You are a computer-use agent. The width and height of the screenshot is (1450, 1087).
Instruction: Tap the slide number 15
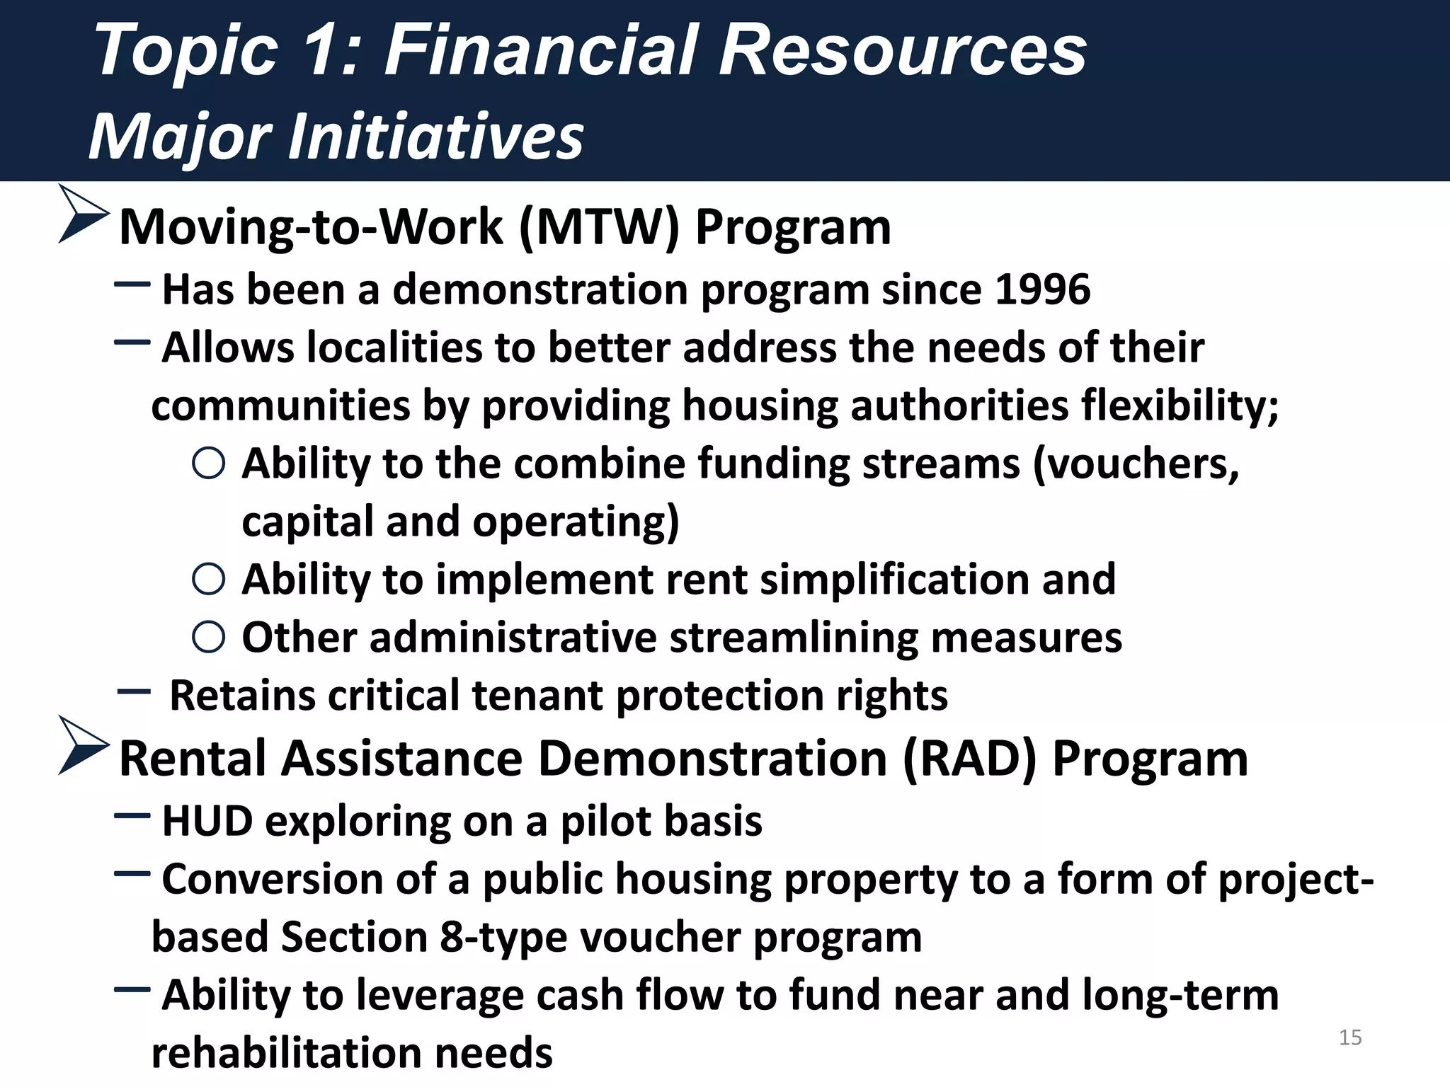coord(1350,1037)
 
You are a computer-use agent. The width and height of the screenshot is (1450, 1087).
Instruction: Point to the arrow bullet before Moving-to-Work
coord(84,214)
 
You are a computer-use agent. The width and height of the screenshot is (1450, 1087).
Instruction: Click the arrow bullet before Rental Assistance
coord(84,745)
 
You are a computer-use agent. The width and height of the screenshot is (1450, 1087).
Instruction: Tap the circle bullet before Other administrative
coord(209,637)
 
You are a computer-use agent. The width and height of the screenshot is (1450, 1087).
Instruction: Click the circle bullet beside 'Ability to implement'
coord(209,580)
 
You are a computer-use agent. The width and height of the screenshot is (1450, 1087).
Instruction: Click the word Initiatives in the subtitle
coord(435,136)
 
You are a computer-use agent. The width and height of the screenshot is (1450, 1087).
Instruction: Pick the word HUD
coord(207,822)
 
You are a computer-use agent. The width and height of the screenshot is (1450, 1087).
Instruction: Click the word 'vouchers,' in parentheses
coord(1136,465)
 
